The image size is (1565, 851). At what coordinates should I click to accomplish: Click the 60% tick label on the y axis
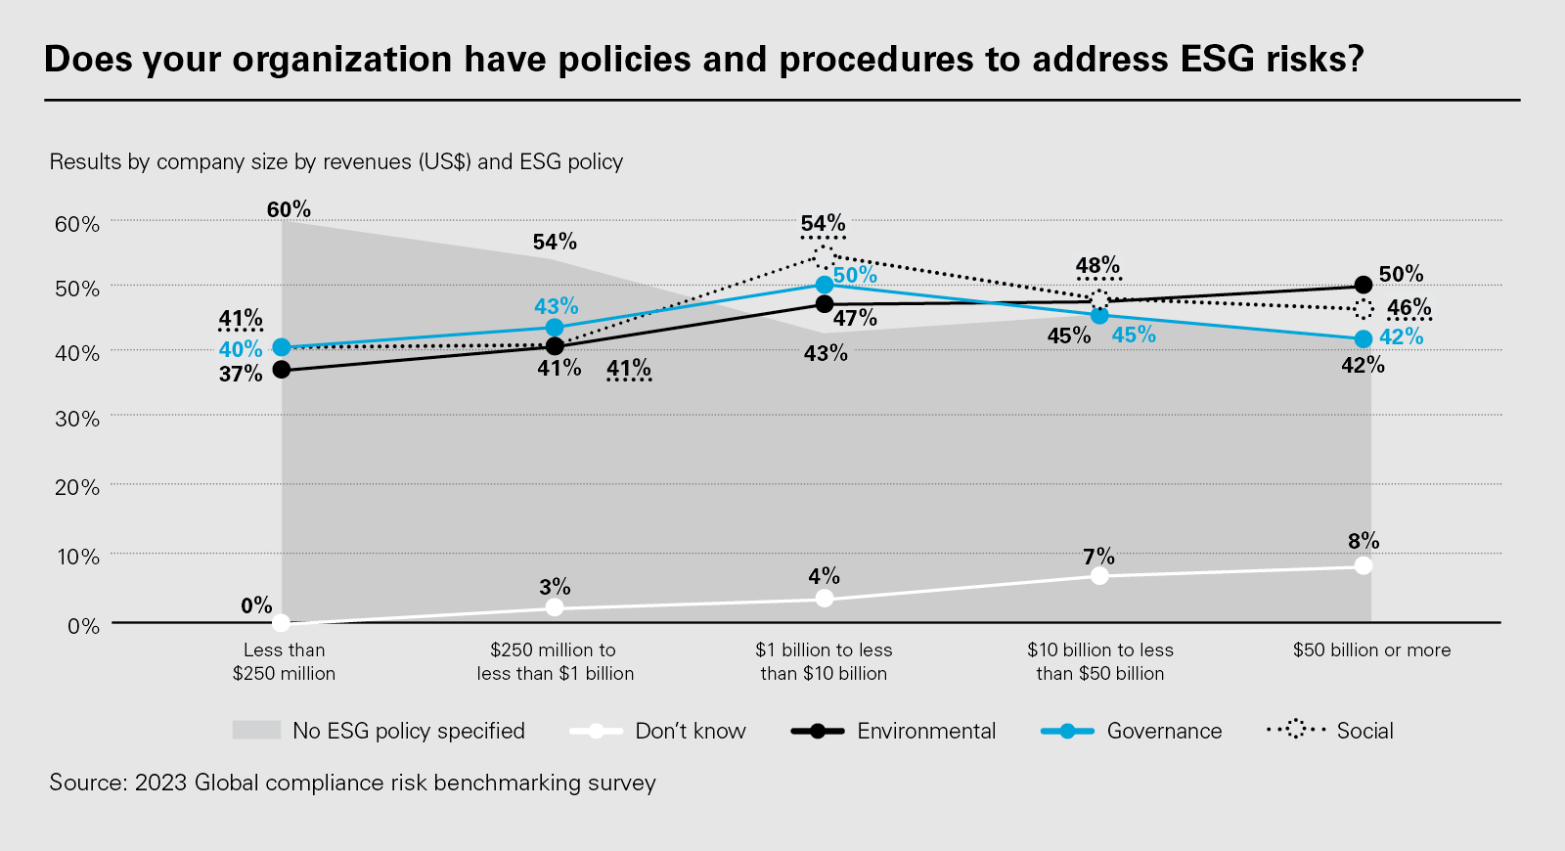click(x=77, y=224)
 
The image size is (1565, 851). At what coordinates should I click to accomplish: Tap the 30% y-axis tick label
click(x=77, y=419)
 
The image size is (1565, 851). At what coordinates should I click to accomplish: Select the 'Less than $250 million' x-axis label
click(x=284, y=661)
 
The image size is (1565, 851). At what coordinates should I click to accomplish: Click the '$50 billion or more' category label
click(x=1371, y=650)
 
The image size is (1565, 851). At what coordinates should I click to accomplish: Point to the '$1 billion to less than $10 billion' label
click(x=824, y=661)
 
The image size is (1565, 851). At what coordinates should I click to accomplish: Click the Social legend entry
click(x=1330, y=731)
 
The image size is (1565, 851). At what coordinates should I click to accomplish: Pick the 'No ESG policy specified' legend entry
click(x=379, y=731)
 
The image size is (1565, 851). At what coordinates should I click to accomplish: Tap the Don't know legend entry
click(x=657, y=731)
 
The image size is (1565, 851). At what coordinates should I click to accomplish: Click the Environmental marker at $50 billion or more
click(x=1364, y=285)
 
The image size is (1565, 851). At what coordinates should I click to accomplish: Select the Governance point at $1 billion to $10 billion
click(x=825, y=285)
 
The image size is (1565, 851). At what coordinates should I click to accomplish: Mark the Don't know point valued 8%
click(x=1364, y=565)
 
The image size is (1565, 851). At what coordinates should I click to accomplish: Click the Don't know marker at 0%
click(x=282, y=622)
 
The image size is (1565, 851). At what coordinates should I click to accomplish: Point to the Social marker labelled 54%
click(x=824, y=256)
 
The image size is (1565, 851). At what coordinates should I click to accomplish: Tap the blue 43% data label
click(x=557, y=306)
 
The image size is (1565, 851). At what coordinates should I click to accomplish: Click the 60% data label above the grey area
click(x=289, y=209)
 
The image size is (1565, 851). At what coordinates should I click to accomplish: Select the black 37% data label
click(x=241, y=374)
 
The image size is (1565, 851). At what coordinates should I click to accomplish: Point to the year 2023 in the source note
click(x=160, y=783)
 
